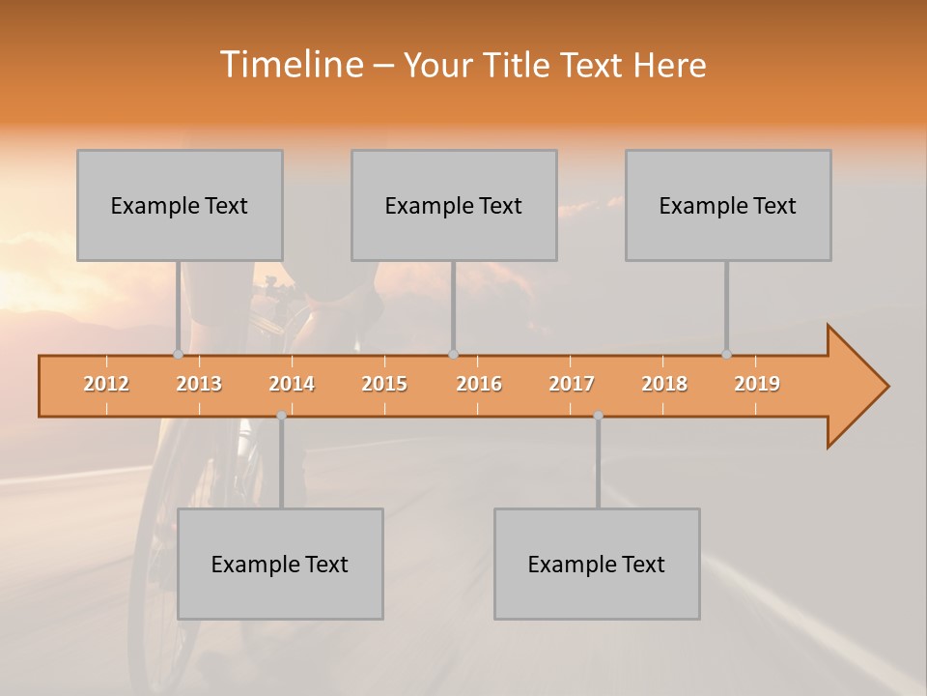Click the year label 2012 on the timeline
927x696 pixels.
106,384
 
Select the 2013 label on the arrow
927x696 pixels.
199,384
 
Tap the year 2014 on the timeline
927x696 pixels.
292,384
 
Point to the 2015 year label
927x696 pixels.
384,384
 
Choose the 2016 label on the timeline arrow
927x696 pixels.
479,384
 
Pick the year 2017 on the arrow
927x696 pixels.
572,384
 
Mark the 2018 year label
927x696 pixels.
664,384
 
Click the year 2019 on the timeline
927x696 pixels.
757,384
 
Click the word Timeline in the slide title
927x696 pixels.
291,65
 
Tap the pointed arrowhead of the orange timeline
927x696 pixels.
864,387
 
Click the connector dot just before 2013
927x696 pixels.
178,354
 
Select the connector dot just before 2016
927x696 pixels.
453,354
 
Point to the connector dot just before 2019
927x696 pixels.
726,354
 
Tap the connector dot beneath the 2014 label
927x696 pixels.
281,416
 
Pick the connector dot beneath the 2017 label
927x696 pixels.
598,416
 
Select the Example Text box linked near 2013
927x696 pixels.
180,205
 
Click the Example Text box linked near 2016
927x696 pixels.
454,205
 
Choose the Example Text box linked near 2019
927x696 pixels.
728,205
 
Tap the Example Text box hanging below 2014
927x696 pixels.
280,564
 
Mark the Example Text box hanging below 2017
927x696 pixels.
597,564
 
